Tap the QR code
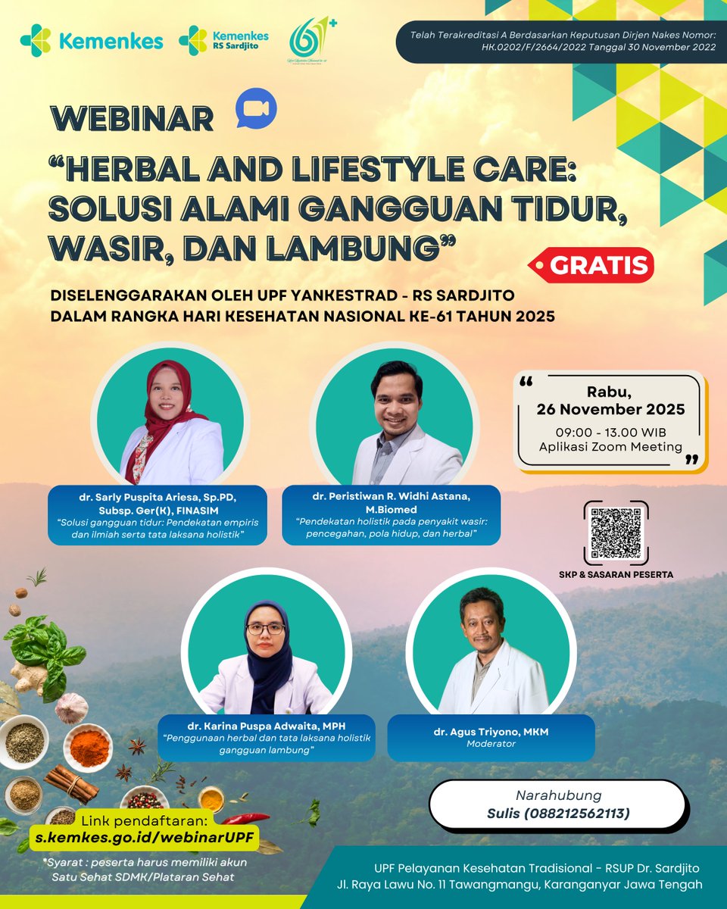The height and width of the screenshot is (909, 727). click(616, 532)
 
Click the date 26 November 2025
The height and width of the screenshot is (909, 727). click(610, 410)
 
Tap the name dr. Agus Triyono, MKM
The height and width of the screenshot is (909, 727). click(491, 731)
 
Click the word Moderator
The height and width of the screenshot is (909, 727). click(491, 744)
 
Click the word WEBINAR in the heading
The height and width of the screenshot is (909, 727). click(132, 119)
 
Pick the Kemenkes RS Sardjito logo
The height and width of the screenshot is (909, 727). click(223, 40)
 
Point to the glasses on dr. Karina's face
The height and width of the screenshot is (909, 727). click(265, 628)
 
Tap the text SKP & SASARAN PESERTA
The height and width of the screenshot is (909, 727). click(616, 574)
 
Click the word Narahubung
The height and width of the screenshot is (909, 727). click(558, 795)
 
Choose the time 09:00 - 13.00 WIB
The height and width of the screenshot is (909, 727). click(610, 432)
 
